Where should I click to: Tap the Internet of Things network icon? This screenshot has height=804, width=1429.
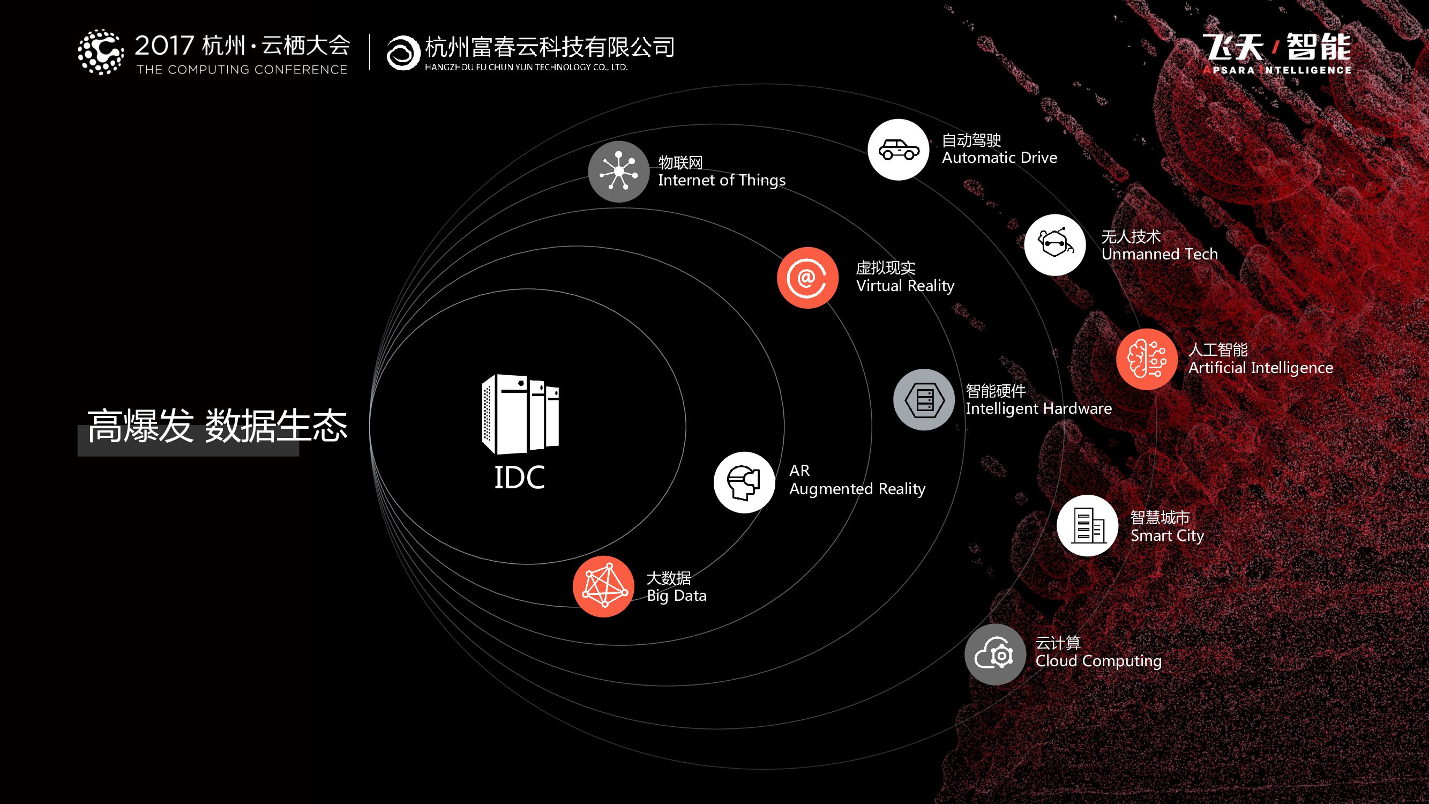tap(618, 172)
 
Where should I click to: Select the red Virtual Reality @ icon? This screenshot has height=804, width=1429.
tap(807, 278)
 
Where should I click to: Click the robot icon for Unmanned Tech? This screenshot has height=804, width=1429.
tap(1054, 245)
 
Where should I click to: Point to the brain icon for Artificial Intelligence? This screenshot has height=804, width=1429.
tap(1147, 359)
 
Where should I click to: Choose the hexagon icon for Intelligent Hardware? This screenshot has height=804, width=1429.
tap(924, 399)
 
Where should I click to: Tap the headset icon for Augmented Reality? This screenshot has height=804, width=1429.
tap(744, 482)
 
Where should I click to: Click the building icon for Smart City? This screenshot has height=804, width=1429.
tap(1087, 525)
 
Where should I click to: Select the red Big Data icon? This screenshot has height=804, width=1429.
tap(603, 586)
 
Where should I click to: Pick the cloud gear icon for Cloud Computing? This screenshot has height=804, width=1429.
tap(994, 655)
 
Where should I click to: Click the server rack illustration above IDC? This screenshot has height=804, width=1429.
tap(520, 414)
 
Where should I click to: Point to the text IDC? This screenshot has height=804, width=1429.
tap(519, 478)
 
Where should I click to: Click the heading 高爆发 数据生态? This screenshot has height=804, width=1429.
tap(217, 426)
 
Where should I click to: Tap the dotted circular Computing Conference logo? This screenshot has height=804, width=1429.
tap(100, 52)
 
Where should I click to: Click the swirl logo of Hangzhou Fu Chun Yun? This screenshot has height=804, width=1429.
tap(403, 53)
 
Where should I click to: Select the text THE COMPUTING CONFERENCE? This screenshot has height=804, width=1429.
tap(242, 70)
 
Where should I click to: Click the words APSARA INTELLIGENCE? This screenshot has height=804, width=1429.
tap(1277, 70)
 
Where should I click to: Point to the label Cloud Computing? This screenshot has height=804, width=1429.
tap(1098, 661)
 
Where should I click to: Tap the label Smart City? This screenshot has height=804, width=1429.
tap(1167, 535)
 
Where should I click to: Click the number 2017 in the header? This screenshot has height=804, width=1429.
tap(164, 46)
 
